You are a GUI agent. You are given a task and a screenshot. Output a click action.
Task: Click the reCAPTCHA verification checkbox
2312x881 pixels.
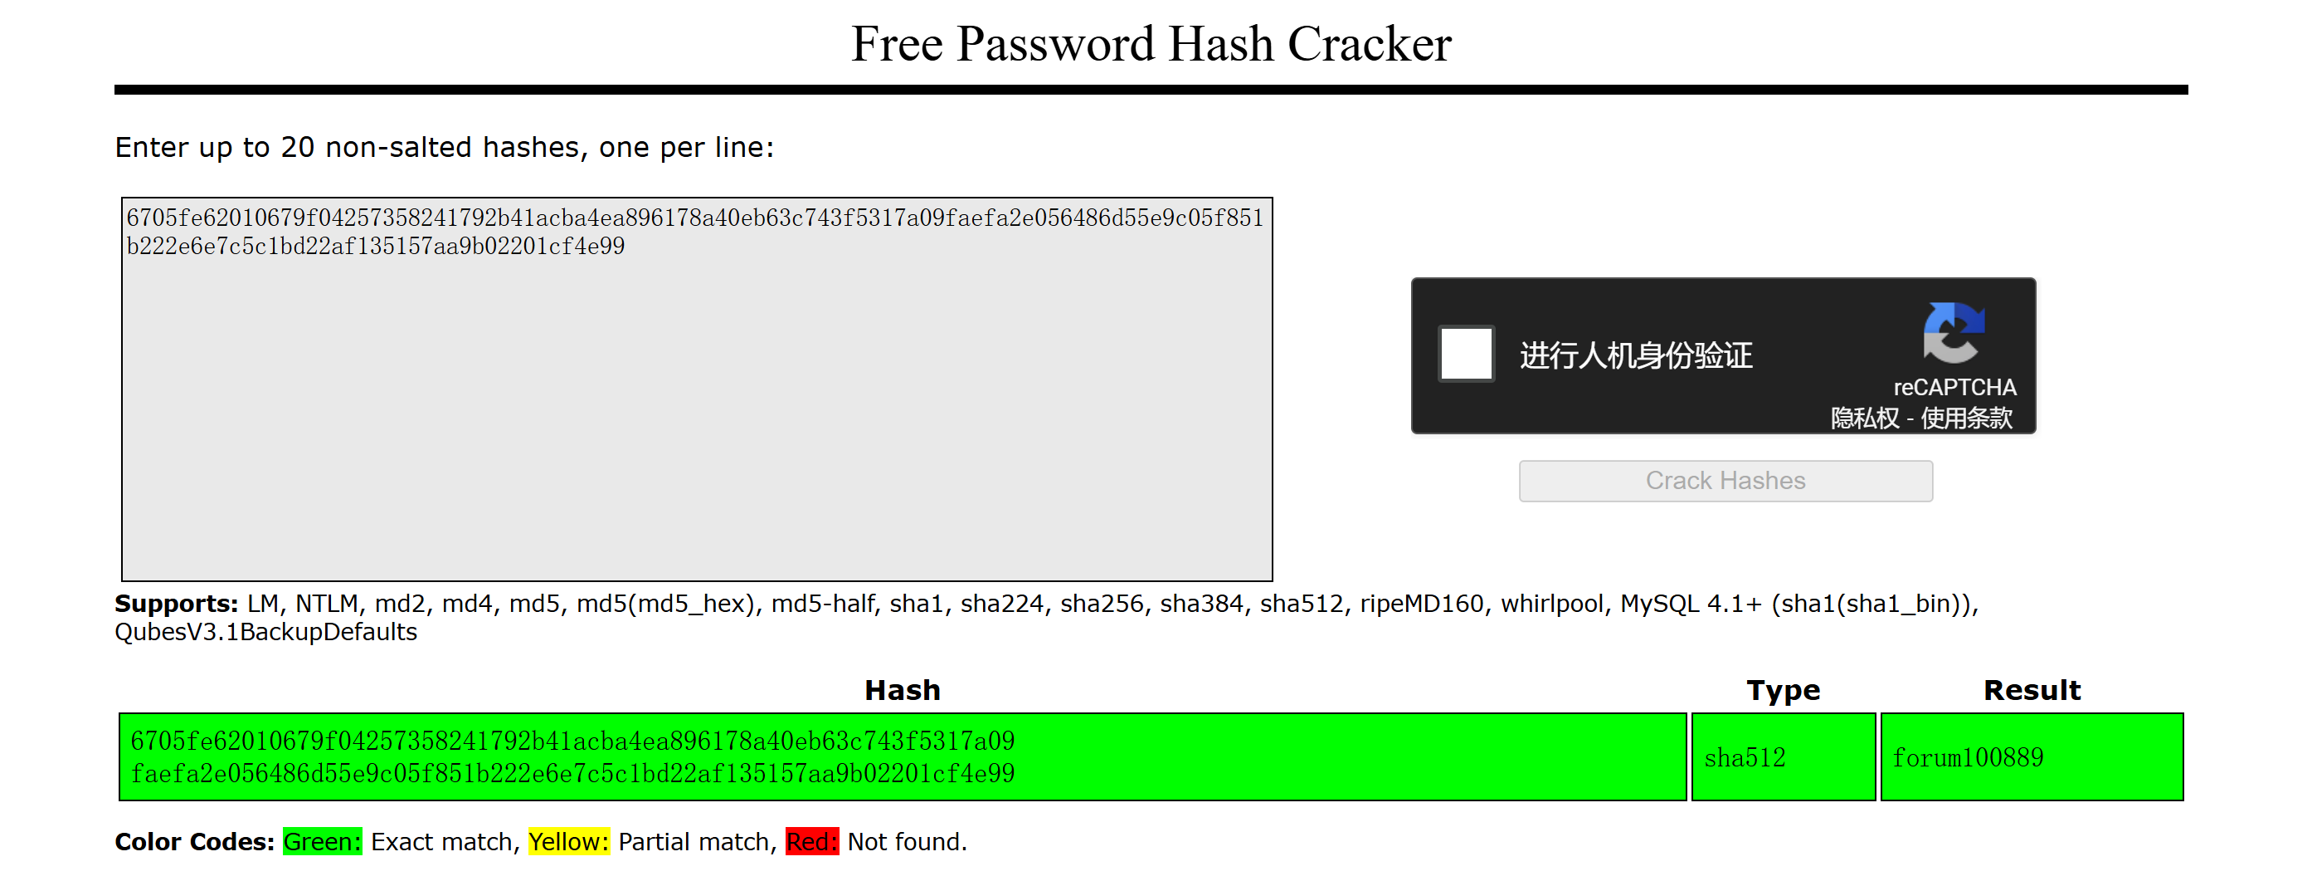[1466, 354]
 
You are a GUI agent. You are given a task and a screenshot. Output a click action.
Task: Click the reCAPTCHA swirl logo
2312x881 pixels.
[1953, 332]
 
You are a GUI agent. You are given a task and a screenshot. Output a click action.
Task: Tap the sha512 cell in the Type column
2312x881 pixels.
[1783, 757]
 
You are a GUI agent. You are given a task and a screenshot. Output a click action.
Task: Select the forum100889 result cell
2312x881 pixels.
[2031, 757]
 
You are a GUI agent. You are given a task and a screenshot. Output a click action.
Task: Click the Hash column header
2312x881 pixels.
[902, 690]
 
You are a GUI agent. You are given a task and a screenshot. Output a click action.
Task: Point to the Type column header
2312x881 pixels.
[1783, 690]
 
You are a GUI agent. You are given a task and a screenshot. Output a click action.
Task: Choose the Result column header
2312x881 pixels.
[2031, 690]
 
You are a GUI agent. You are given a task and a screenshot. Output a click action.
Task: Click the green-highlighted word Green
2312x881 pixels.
[322, 841]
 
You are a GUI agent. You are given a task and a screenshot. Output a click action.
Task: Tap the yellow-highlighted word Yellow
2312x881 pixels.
[569, 841]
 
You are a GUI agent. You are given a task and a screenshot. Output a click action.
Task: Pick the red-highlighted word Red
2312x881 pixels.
[812, 841]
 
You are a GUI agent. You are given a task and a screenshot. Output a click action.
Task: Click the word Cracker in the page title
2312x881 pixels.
[1369, 44]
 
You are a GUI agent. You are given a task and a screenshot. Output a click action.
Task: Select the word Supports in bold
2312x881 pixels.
[176, 604]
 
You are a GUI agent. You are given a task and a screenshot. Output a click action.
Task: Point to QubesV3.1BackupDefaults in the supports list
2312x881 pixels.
[265, 632]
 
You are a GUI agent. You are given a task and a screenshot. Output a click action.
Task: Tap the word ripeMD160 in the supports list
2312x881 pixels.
[1421, 604]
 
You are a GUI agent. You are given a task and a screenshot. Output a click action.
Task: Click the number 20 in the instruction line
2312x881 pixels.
[297, 147]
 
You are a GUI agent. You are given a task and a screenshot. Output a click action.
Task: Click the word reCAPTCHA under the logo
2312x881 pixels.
[1954, 387]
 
